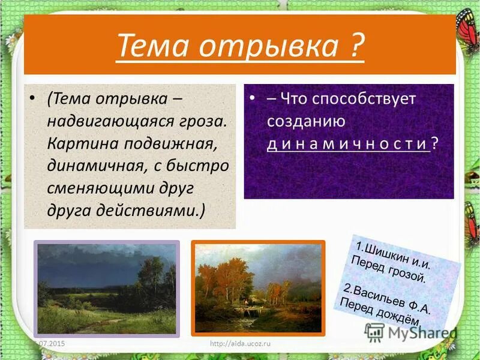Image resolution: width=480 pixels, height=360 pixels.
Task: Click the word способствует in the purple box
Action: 364,100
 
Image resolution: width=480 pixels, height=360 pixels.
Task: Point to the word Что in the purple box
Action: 298,100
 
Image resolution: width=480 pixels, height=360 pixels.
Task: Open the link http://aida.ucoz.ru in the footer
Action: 238,343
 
